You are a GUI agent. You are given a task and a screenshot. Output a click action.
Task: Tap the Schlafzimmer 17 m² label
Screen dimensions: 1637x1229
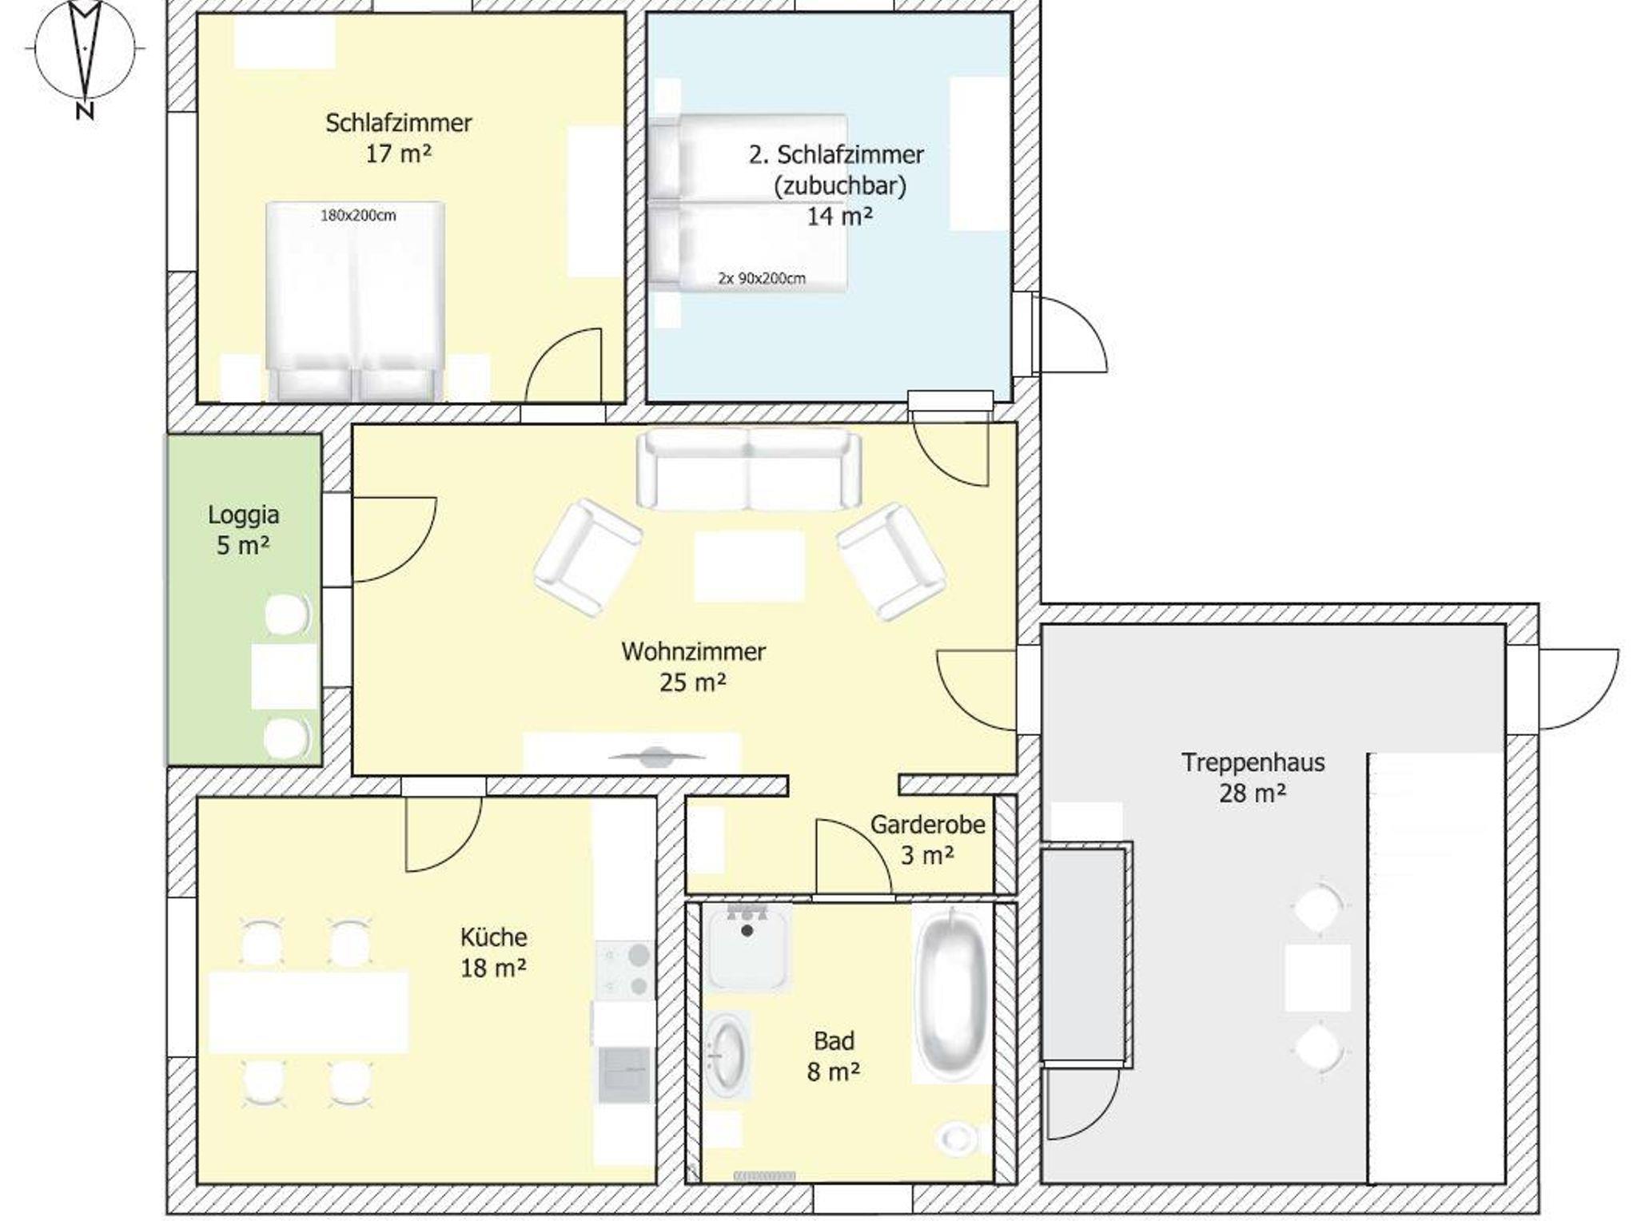[x=398, y=137]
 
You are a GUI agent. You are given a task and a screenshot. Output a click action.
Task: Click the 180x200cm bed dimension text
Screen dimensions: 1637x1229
[x=358, y=215]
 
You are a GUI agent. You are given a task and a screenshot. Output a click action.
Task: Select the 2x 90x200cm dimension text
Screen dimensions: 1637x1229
[x=761, y=278]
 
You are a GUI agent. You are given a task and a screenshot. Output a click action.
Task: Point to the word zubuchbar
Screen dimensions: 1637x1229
[x=839, y=185]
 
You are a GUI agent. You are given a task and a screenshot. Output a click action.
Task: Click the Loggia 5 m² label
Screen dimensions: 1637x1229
[x=243, y=529]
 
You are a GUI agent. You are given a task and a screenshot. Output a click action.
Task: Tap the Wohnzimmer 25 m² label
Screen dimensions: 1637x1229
[x=693, y=666]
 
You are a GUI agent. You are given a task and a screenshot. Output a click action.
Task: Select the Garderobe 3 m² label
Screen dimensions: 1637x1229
[x=927, y=839]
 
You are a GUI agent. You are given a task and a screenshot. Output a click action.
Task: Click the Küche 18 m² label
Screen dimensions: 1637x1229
[x=493, y=952]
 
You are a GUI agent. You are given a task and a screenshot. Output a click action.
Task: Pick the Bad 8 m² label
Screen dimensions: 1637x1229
[x=834, y=1056]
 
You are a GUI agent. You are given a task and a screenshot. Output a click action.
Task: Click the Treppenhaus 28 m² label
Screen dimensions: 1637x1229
[x=1253, y=778]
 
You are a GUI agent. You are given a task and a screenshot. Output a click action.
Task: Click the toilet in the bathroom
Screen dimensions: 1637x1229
[x=956, y=1138]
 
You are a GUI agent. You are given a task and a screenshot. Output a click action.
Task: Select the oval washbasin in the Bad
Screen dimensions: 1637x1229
[x=727, y=1056]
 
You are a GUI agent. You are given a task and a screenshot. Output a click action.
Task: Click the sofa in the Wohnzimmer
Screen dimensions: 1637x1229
[x=749, y=469]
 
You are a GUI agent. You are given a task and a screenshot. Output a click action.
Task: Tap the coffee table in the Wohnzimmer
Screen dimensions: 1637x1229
[x=749, y=566]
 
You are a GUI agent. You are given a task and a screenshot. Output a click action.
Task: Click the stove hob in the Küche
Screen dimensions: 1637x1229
[x=624, y=970]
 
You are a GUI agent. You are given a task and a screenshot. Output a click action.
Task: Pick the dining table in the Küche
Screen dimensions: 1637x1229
[x=308, y=1011]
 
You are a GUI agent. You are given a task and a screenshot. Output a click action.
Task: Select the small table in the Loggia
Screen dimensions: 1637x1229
[x=285, y=676]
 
